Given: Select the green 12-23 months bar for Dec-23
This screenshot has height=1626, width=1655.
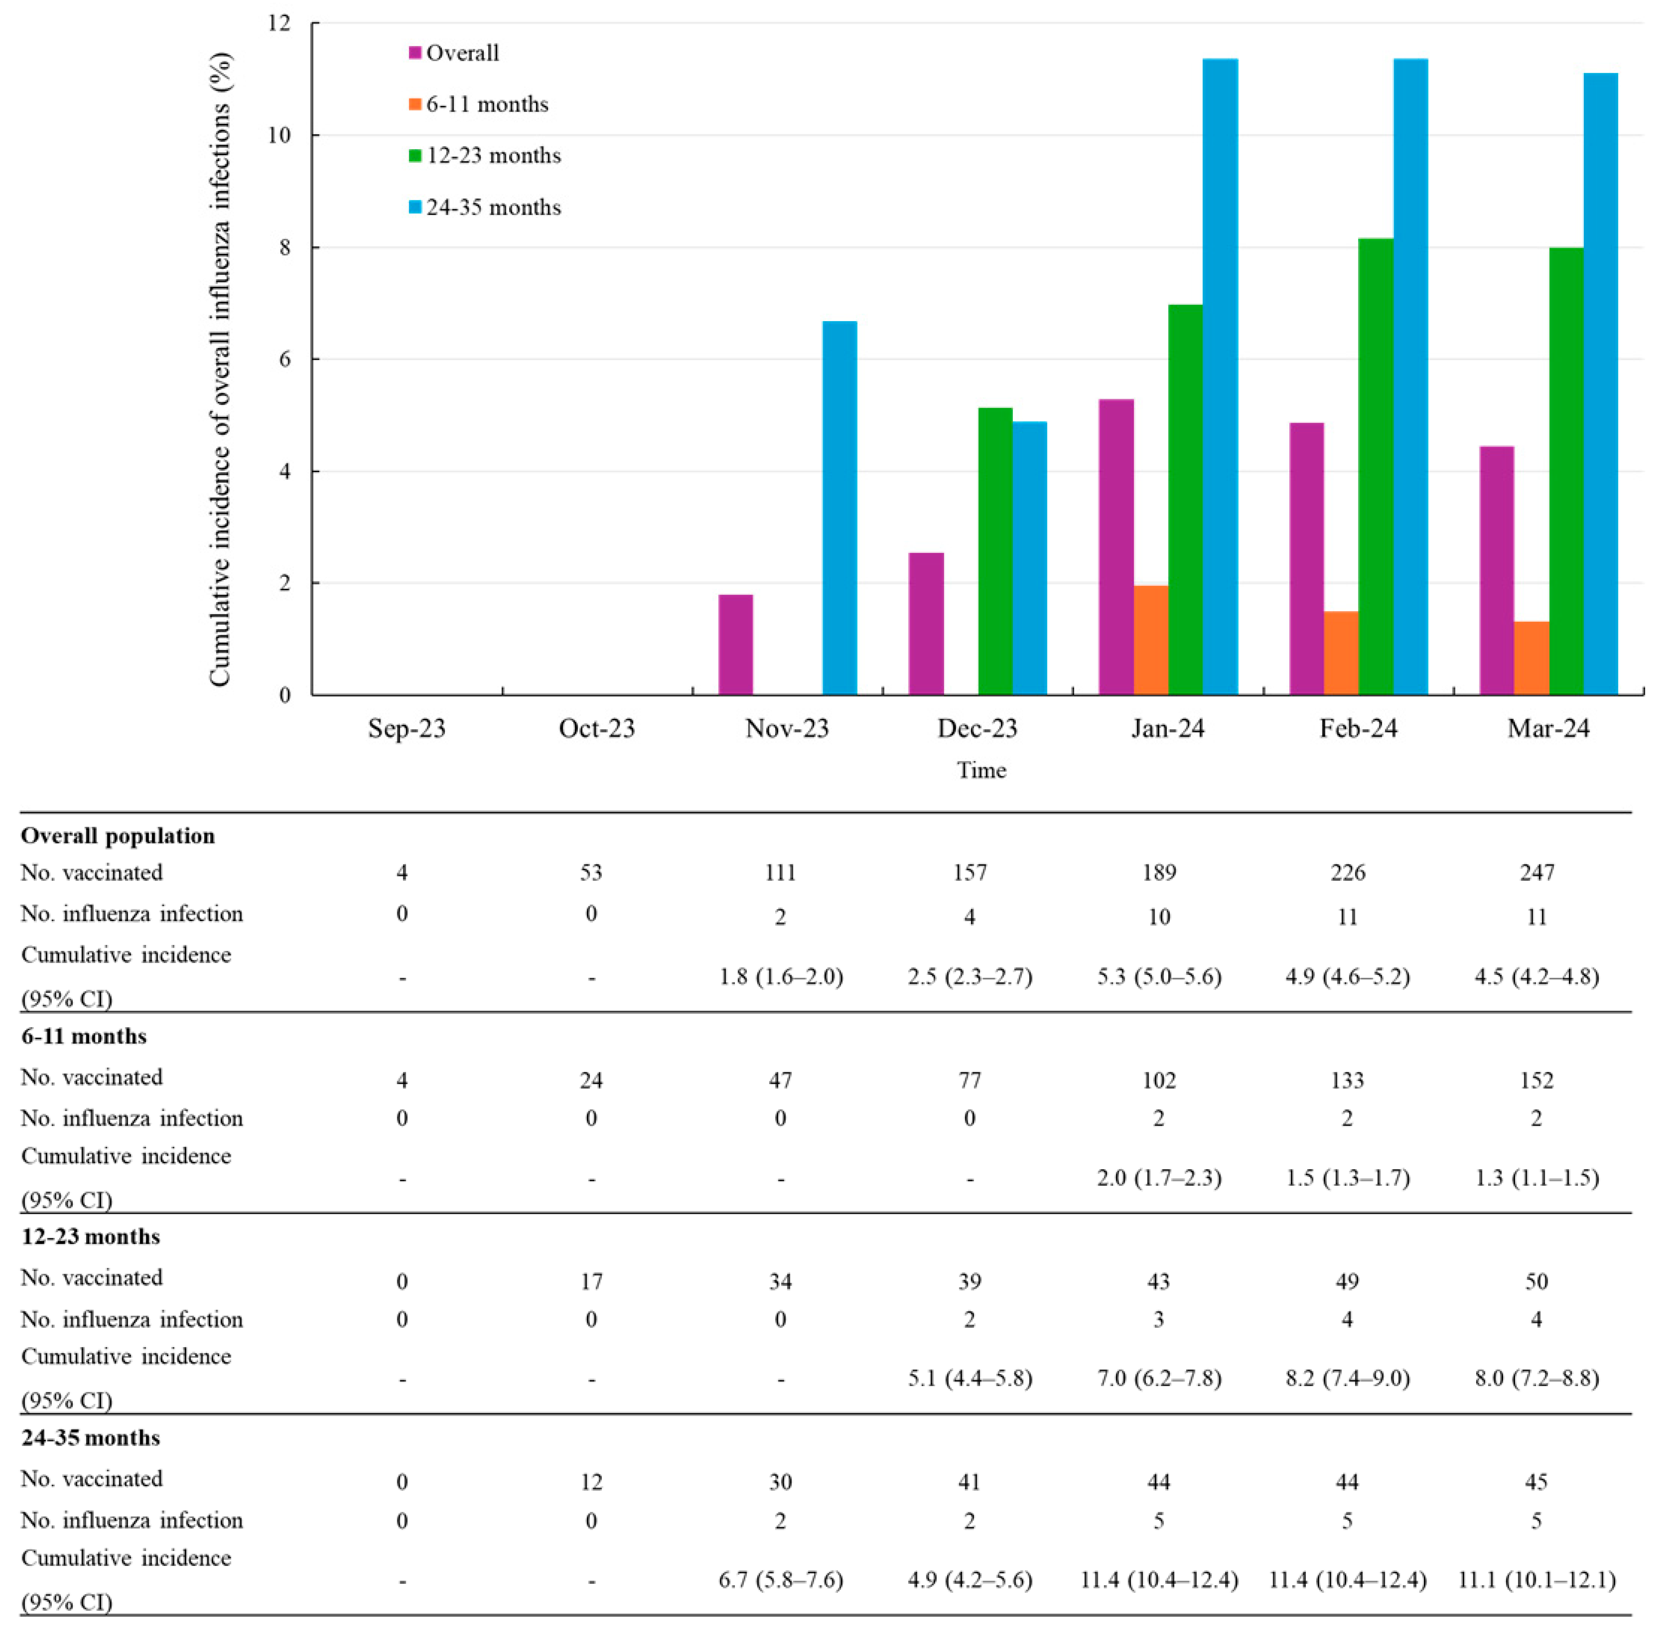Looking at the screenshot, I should [x=995, y=551].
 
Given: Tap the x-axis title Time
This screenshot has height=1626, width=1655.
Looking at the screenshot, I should [x=981, y=770].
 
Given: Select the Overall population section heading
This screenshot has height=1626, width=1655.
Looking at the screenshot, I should [x=118, y=835].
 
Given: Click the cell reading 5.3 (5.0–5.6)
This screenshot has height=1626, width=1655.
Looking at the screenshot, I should [x=1159, y=976].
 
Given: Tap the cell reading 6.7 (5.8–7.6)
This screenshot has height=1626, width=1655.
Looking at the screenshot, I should [x=781, y=1580].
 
